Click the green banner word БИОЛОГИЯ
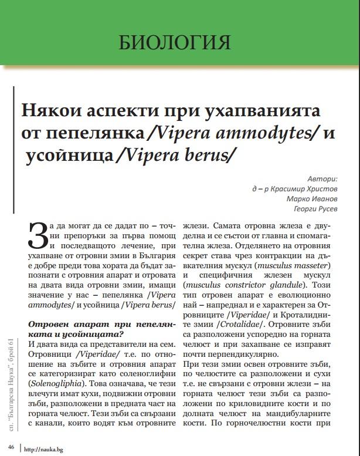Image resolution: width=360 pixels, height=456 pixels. tap(174, 42)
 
